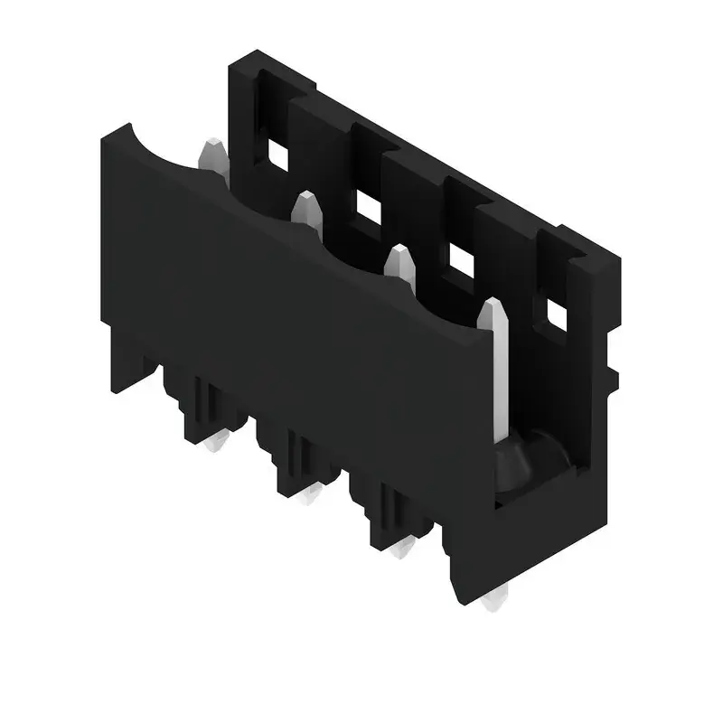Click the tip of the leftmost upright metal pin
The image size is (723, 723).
click(x=213, y=146)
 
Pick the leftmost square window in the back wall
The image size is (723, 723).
click(x=277, y=156)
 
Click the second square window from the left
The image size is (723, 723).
click(x=368, y=208)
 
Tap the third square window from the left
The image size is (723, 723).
click(x=462, y=261)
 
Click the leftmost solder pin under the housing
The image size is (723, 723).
click(x=217, y=442)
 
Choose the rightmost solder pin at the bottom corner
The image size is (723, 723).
click(x=494, y=600)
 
